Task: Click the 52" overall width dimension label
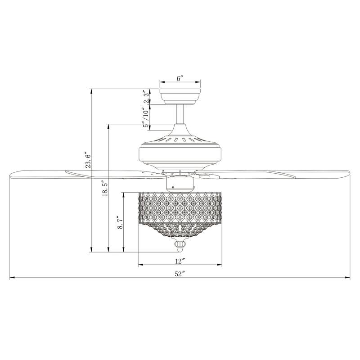(x=180, y=274)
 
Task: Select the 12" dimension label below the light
(x=180, y=261)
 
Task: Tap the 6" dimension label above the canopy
(x=180, y=78)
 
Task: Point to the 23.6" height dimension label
(x=89, y=160)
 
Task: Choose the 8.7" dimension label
(x=120, y=222)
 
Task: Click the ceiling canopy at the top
(x=180, y=95)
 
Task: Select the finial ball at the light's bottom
(x=180, y=246)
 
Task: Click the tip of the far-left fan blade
(x=12, y=174)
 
